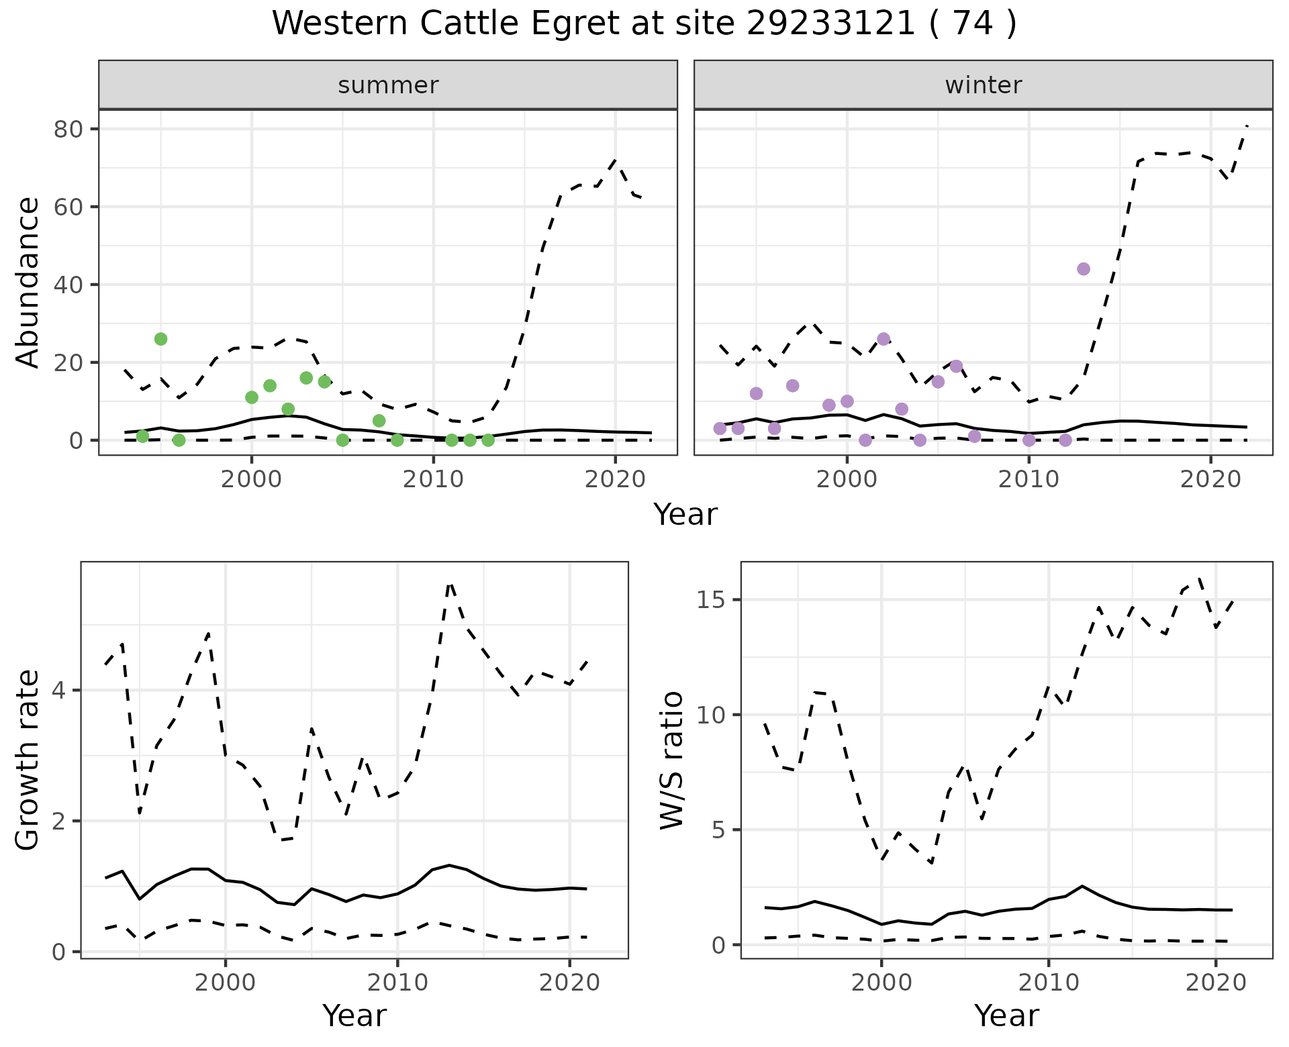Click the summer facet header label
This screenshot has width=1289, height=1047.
(x=388, y=85)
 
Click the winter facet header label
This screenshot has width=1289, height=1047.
(x=983, y=85)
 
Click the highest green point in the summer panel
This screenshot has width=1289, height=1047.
(x=160, y=339)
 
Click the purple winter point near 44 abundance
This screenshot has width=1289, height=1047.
(x=1083, y=269)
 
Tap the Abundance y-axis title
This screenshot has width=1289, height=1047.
(x=28, y=282)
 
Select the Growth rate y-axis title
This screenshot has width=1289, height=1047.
(x=28, y=760)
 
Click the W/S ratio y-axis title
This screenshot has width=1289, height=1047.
(x=671, y=760)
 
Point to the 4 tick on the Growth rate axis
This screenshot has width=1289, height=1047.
(x=61, y=691)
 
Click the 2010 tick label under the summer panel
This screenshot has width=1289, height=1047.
(x=433, y=480)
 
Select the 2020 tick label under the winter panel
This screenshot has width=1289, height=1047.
(x=1210, y=480)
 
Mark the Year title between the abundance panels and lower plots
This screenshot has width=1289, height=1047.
(x=685, y=515)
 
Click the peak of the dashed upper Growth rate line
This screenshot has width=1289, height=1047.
(x=450, y=584)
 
